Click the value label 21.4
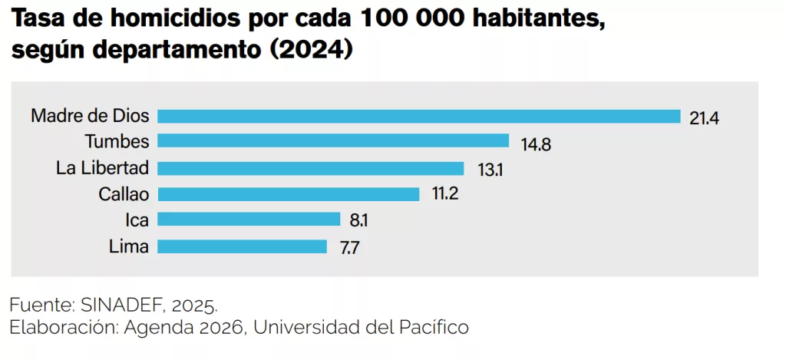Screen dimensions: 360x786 pos(704,117)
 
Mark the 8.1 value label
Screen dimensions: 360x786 pos(359,221)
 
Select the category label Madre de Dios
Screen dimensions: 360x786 pos(90,116)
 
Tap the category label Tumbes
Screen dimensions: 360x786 pos(117,141)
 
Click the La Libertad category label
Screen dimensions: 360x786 pos(103,168)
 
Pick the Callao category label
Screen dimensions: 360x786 pos(124,194)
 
